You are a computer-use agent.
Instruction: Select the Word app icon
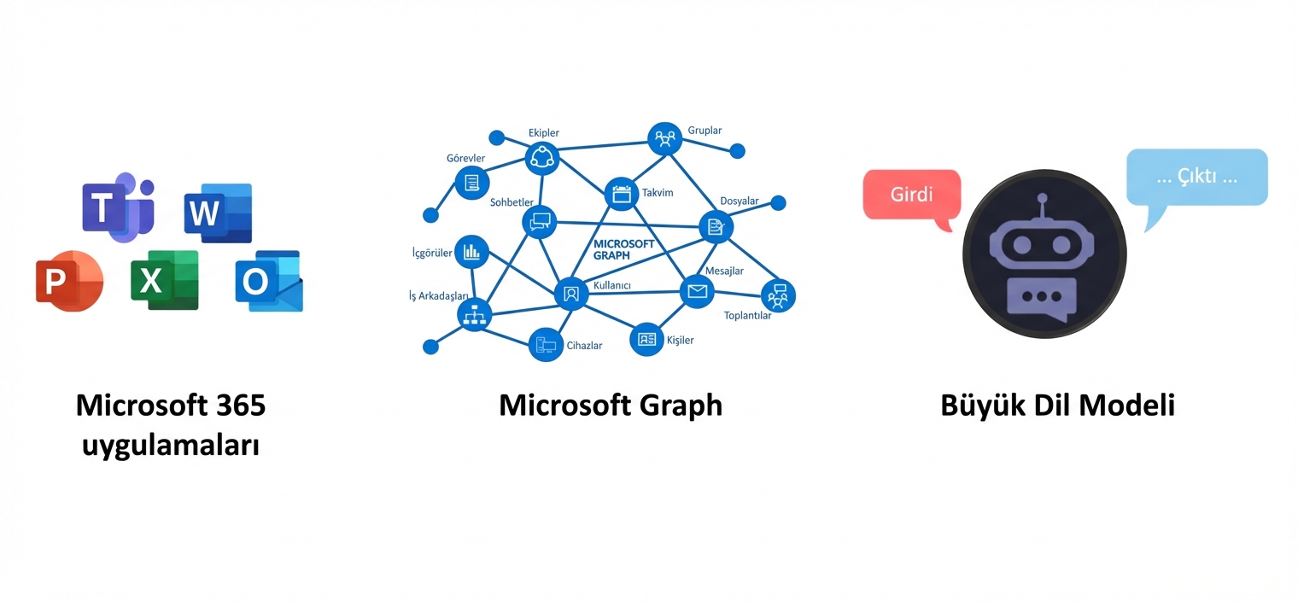pos(218,213)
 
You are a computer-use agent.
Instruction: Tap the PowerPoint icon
pos(68,281)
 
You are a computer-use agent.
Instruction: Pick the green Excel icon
pos(164,279)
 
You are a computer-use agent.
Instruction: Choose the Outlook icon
pos(268,281)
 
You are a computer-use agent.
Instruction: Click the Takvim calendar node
pos(621,193)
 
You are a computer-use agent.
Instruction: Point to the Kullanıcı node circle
pos(571,294)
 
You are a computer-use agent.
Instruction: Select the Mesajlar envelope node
pos(697,292)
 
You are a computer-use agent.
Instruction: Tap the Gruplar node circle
pos(664,137)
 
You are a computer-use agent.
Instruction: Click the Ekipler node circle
pos(541,156)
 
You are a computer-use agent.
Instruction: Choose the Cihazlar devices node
pos(545,345)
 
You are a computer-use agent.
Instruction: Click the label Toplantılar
pos(747,316)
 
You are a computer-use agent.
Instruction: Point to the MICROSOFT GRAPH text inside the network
pos(623,248)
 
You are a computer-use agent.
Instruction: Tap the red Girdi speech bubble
pos(911,195)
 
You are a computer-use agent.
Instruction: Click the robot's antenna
pos(1041,206)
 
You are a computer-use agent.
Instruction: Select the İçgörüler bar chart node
pos(471,251)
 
